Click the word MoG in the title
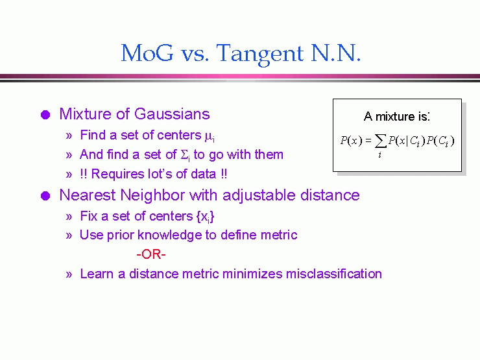tap(147, 53)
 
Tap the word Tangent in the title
tap(260, 54)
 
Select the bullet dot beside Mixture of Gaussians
tap(45, 115)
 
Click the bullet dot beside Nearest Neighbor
tap(45, 196)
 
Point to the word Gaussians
tap(172, 114)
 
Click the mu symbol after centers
tap(210, 136)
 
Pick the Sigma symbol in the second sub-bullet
tap(185, 155)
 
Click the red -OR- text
tap(151, 254)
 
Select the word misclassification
tap(334, 274)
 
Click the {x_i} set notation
tap(205, 217)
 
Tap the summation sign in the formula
tap(380, 141)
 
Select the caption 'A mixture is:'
tap(397, 117)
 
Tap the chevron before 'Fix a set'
tap(69, 217)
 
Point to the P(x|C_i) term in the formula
tap(407, 141)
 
